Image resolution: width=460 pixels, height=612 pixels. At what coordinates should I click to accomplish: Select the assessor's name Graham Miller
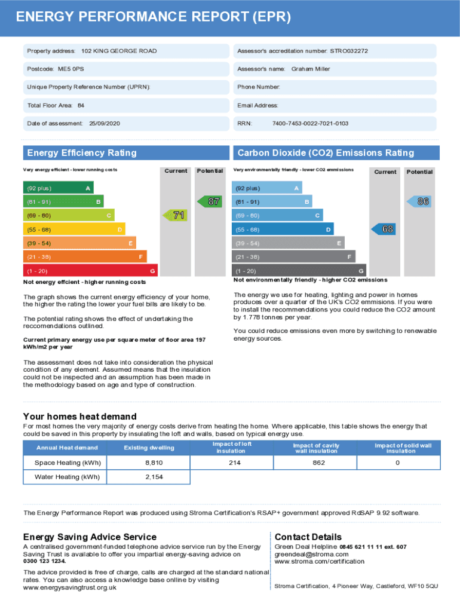pyautogui.click(x=310, y=69)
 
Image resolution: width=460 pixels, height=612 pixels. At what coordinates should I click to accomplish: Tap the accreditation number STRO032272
pyautogui.click(x=349, y=51)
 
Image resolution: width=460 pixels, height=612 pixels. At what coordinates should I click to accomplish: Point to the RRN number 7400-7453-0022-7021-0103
pyautogui.click(x=310, y=124)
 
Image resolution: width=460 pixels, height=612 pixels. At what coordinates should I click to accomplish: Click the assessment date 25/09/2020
pyautogui.click(x=104, y=124)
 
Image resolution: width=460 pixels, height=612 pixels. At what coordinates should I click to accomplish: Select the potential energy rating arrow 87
pyautogui.click(x=211, y=201)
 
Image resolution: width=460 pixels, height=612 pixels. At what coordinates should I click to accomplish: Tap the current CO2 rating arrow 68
pyautogui.click(x=385, y=229)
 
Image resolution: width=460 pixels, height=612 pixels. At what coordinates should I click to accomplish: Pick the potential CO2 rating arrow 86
pyautogui.click(x=420, y=202)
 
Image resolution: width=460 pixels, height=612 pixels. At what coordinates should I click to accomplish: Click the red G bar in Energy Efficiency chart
pyautogui.click(x=90, y=271)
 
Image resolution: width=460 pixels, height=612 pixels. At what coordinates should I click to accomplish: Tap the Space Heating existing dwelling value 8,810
pyautogui.click(x=154, y=463)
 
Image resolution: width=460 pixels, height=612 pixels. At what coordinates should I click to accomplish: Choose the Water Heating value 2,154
pyautogui.click(x=154, y=477)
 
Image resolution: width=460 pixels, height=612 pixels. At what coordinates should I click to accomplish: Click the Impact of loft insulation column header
pyautogui.click(x=231, y=448)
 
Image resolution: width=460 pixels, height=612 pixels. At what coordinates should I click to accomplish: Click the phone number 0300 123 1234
pyautogui.click(x=44, y=562)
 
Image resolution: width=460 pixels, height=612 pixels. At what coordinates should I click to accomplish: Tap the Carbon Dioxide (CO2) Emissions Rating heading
pyautogui.click(x=325, y=153)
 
